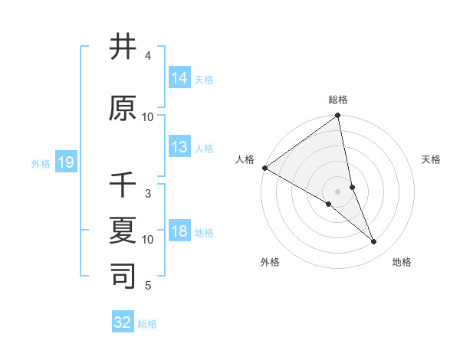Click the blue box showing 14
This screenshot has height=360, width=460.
pyautogui.click(x=179, y=78)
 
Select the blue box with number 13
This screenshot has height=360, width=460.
pyautogui.click(x=179, y=147)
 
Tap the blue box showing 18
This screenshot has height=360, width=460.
pyautogui.click(x=179, y=231)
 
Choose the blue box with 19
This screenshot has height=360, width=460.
pyautogui.click(x=66, y=162)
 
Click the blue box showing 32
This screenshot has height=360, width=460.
pyautogui.click(x=123, y=322)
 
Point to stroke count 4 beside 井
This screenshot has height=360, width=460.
pyautogui.click(x=148, y=56)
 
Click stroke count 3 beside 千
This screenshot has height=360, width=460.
pyautogui.click(x=148, y=194)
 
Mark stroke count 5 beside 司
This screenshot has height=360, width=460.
pyautogui.click(x=148, y=286)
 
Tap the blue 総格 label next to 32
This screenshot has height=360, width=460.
pyautogui.click(x=147, y=324)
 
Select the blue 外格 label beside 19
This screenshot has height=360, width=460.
pyautogui.click(x=41, y=163)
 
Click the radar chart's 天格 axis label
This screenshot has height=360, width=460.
pyautogui.click(x=432, y=159)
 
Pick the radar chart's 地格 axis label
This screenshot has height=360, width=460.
pyautogui.click(x=402, y=262)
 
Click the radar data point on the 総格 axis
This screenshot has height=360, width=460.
pyautogui.click(x=337, y=116)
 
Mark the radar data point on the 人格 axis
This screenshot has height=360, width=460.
pyautogui.click(x=264, y=168)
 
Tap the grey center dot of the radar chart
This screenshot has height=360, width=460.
pyautogui.click(x=337, y=191)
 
